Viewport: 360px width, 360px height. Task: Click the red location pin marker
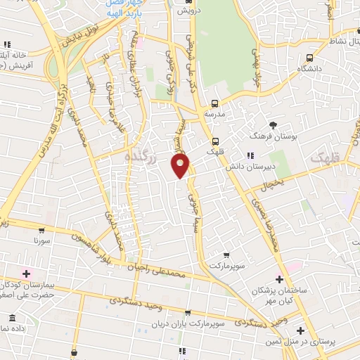pos(181,165)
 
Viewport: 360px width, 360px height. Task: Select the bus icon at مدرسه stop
pos(215,103)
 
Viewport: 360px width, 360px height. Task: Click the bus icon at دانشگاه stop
pos(309,58)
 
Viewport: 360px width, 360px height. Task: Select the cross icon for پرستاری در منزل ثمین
pos(300,330)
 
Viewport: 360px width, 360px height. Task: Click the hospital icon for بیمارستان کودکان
pos(27,273)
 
